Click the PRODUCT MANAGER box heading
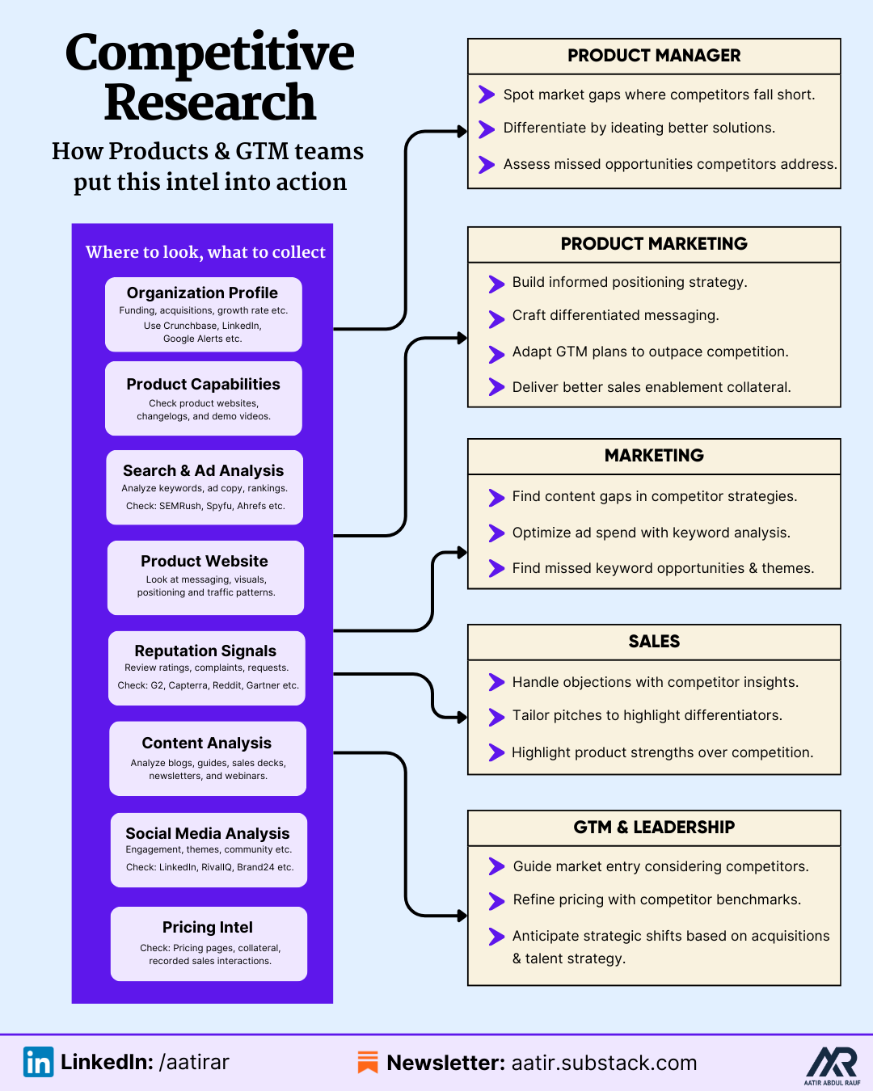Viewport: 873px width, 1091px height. point(654,56)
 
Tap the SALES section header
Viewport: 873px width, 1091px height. point(654,642)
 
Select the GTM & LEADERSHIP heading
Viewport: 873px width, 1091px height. point(654,828)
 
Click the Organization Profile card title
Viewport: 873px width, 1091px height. point(202,293)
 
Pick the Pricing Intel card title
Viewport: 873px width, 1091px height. point(208,927)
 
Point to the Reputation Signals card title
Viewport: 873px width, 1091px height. point(205,651)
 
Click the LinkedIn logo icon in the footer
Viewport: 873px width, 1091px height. point(38,1062)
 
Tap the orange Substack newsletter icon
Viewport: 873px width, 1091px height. point(368,1062)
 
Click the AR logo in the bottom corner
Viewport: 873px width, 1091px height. point(832,1063)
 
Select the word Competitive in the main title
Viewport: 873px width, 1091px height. point(209,53)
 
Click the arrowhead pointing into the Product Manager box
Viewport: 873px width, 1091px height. point(462,131)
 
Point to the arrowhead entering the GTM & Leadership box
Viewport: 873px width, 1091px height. point(462,916)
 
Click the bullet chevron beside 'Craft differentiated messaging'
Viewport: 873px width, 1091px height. point(496,318)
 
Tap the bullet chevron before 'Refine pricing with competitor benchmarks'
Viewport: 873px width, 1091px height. point(496,900)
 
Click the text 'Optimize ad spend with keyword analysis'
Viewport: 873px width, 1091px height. point(651,533)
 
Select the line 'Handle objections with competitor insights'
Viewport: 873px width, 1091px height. point(655,682)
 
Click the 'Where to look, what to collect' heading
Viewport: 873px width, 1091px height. point(205,252)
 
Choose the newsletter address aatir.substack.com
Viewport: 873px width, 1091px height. point(604,1063)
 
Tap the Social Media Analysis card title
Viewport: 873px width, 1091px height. point(208,833)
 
